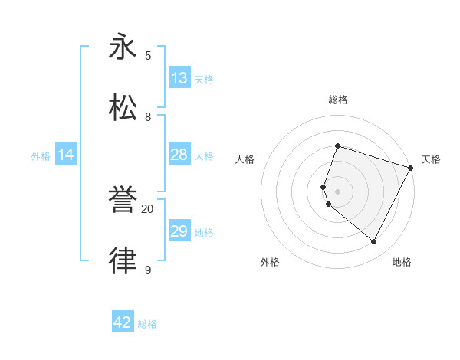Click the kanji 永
click(x=123, y=47)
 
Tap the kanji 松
click(x=123, y=106)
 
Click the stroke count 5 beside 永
click(x=148, y=55)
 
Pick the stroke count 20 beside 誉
click(x=148, y=208)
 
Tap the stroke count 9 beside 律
click(x=148, y=269)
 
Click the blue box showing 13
click(x=179, y=78)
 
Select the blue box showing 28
click(x=179, y=155)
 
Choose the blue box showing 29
click(x=179, y=231)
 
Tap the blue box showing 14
click(x=66, y=155)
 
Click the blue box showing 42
click(x=123, y=322)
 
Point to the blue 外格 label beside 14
click(x=41, y=156)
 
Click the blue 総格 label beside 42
click(x=147, y=324)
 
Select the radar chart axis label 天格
click(x=431, y=159)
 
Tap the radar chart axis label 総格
click(x=337, y=100)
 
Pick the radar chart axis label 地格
click(x=402, y=262)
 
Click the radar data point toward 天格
click(x=411, y=168)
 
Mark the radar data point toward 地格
click(x=374, y=242)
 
